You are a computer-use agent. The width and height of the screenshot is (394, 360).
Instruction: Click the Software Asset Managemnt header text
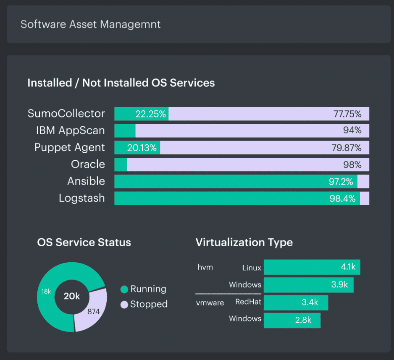(x=90, y=24)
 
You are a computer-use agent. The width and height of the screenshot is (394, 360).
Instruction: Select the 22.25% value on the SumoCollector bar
(x=150, y=114)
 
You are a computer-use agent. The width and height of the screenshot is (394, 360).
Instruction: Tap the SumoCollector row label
(x=66, y=114)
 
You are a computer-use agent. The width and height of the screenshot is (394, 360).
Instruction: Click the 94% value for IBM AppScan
(x=352, y=130)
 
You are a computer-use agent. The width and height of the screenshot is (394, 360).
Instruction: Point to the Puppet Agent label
(x=69, y=147)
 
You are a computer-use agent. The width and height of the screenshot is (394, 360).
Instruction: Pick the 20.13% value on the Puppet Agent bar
(x=142, y=147)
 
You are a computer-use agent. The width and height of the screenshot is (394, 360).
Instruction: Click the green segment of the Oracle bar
(x=121, y=164)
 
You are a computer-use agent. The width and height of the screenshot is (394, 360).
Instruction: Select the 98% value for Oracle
(x=352, y=164)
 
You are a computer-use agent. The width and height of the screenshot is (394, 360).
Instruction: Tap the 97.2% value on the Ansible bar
(x=342, y=181)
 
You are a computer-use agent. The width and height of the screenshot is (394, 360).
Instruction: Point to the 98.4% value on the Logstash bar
(x=343, y=198)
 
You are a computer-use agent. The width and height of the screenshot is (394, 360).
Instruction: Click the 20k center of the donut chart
(x=71, y=296)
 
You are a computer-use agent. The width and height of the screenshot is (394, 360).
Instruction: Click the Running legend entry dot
(x=124, y=290)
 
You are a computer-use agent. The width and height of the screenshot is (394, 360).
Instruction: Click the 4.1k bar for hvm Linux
(x=312, y=267)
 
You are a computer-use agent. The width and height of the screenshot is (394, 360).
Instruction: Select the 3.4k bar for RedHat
(x=296, y=302)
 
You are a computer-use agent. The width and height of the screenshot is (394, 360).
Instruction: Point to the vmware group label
(x=210, y=302)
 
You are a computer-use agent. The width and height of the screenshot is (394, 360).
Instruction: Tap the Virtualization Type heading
(x=244, y=242)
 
